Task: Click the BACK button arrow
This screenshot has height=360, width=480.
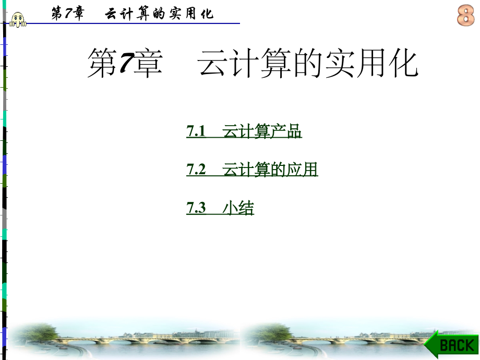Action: pyautogui.click(x=450, y=344)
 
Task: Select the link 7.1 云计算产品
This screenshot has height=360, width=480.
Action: pyautogui.click(x=244, y=132)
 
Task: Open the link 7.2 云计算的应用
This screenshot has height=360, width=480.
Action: pyautogui.click(x=251, y=170)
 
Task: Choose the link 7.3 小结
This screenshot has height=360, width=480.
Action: pyautogui.click(x=220, y=209)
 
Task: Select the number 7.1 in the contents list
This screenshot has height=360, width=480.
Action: pyautogui.click(x=196, y=132)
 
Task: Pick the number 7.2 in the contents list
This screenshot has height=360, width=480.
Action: pyautogui.click(x=196, y=170)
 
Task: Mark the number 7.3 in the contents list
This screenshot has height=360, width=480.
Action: pyautogui.click(x=196, y=209)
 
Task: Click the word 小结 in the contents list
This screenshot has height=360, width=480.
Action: pyautogui.click(x=238, y=209)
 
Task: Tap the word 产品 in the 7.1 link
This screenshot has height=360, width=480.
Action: pyautogui.click(x=286, y=132)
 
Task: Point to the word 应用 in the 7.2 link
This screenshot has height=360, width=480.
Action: pyautogui.click(x=302, y=170)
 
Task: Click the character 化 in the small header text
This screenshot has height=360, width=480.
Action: pyautogui.click(x=207, y=14)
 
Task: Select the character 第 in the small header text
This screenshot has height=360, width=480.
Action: pyautogui.click(x=56, y=14)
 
